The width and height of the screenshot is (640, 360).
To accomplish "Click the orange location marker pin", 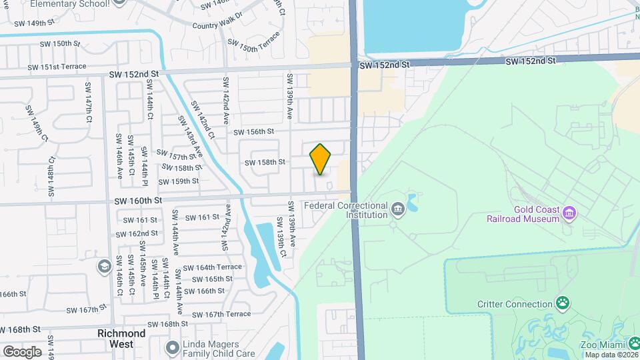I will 321,159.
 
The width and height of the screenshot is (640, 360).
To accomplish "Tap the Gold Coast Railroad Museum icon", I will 569,213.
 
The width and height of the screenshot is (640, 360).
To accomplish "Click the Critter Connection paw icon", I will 563,304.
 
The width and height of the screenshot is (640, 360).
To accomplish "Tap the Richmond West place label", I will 121,339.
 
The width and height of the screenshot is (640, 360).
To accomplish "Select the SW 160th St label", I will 138,200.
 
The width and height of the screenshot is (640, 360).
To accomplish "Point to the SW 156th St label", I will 254,132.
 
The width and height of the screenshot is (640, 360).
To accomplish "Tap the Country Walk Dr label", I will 215,26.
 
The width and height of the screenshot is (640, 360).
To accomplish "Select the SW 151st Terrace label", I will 57,67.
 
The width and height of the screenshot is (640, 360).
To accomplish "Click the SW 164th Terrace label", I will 219,267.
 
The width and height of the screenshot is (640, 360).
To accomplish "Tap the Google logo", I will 22,351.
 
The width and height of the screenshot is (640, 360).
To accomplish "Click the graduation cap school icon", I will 104,267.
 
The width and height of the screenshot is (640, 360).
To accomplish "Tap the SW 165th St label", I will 209,279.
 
